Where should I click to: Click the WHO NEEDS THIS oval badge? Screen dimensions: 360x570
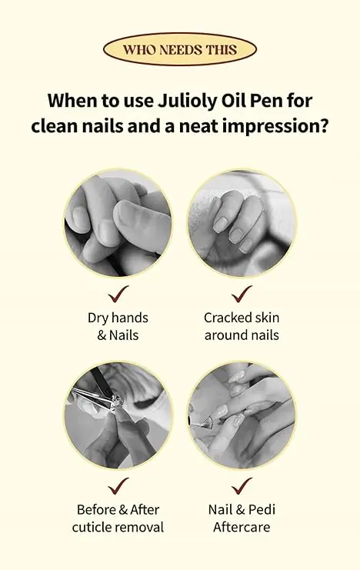pyautogui.click(x=180, y=49)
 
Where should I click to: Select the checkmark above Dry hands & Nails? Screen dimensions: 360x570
pyautogui.click(x=118, y=294)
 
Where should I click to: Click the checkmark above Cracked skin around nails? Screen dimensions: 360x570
pyautogui.click(x=242, y=294)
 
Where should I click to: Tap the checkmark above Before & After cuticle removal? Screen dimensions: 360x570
pyautogui.click(x=118, y=486)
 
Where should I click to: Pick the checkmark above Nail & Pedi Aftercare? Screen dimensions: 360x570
pyautogui.click(x=242, y=486)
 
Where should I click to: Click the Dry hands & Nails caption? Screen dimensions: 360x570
pyautogui.click(x=118, y=326)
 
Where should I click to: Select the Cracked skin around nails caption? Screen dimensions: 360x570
pyautogui.click(x=242, y=326)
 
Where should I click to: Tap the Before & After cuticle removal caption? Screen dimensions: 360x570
pyautogui.click(x=118, y=518)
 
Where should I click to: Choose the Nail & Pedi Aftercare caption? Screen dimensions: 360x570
pyautogui.click(x=242, y=518)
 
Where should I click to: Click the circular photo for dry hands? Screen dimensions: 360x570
pyautogui.click(x=118, y=223)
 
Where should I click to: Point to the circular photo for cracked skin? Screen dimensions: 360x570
pyautogui.click(x=242, y=223)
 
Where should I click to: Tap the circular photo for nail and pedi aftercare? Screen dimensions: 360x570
pyautogui.click(x=242, y=415)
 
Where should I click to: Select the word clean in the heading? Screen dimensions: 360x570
pyautogui.click(x=53, y=127)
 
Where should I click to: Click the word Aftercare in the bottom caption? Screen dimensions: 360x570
pyautogui.click(x=242, y=527)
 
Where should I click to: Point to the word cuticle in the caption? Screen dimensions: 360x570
pyautogui.click(x=93, y=527)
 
